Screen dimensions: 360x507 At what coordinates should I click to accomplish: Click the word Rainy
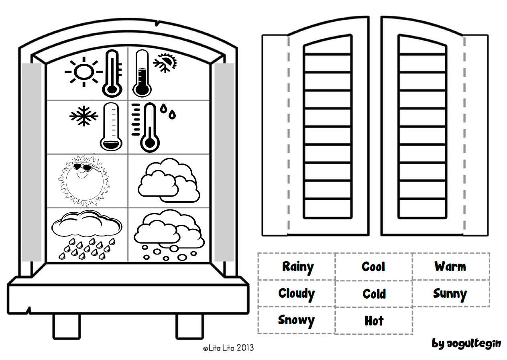click(x=297, y=267)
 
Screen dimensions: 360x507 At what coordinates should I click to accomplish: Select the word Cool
click(x=373, y=267)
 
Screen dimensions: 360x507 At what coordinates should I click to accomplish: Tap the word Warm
click(x=450, y=266)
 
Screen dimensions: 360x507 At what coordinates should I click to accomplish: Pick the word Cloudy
click(x=296, y=294)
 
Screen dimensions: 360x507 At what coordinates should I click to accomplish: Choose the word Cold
click(x=374, y=294)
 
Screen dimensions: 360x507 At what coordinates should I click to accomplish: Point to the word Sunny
click(x=450, y=294)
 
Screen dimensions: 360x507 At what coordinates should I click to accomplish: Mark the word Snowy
click(x=296, y=320)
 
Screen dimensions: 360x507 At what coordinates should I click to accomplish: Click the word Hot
click(x=374, y=321)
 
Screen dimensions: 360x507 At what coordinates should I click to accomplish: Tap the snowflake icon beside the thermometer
click(x=84, y=116)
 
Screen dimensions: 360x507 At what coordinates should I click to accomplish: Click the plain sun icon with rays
click(x=81, y=72)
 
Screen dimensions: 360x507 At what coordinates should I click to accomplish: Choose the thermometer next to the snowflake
click(x=111, y=126)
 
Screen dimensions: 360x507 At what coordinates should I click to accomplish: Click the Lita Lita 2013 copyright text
click(x=228, y=348)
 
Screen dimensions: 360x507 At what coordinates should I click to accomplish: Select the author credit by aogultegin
click(x=466, y=344)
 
